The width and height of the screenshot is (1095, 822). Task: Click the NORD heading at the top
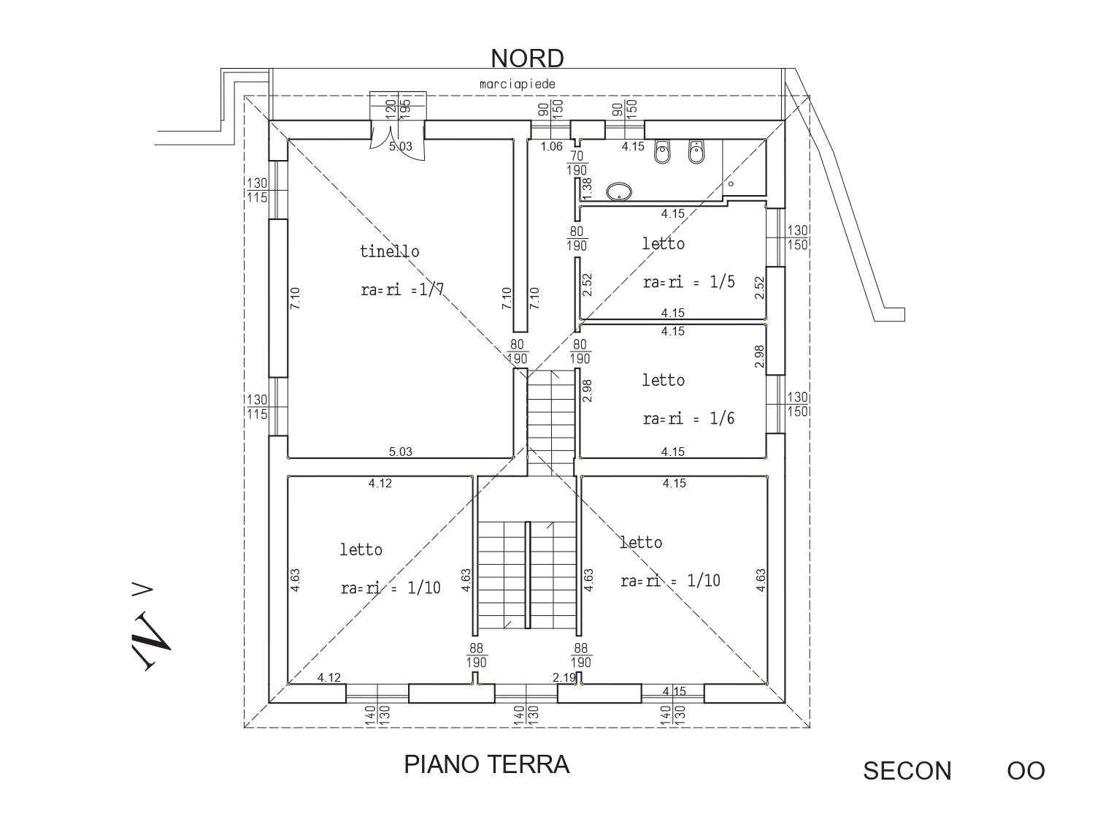(x=526, y=58)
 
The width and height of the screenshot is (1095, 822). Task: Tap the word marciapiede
(x=518, y=84)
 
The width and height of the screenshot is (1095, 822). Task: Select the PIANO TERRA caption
(x=486, y=764)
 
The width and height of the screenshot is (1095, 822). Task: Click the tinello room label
(x=390, y=251)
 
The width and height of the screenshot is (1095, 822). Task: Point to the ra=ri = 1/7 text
(x=402, y=289)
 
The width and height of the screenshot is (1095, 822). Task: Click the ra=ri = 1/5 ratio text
(x=688, y=282)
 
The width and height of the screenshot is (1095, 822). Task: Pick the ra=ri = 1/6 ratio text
(x=688, y=419)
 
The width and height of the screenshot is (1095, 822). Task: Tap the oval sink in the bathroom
(x=620, y=192)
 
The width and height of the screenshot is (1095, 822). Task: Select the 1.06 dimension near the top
(x=551, y=146)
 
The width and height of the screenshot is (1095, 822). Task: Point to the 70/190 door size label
(x=577, y=163)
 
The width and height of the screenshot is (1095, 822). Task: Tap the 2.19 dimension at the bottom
(x=564, y=677)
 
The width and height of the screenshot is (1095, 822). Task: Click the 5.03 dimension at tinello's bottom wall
(x=400, y=452)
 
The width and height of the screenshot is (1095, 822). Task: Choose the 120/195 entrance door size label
(x=398, y=108)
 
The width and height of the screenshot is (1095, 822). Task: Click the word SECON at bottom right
(x=907, y=771)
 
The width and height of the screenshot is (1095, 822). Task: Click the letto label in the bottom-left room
(x=361, y=549)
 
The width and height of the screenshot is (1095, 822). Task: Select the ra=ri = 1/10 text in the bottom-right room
(x=670, y=581)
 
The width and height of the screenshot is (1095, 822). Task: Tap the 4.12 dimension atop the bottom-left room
(x=380, y=483)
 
